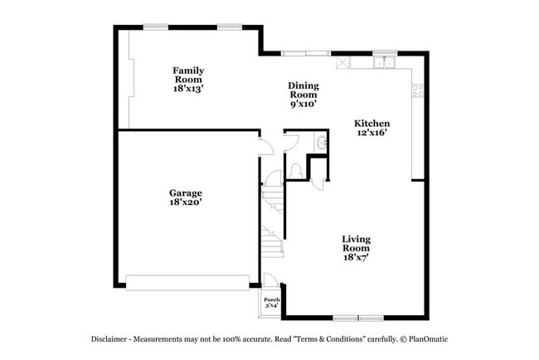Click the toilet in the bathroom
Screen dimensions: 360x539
296,170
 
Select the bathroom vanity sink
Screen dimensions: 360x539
321,143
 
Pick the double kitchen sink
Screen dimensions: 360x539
383,61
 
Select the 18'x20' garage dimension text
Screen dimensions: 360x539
186,202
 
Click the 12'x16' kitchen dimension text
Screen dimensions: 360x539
372,133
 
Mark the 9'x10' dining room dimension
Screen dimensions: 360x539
303,105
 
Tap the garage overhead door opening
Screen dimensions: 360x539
187,283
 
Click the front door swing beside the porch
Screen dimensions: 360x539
270,280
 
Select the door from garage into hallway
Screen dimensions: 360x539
265,147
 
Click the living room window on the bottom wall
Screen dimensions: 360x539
358,318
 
